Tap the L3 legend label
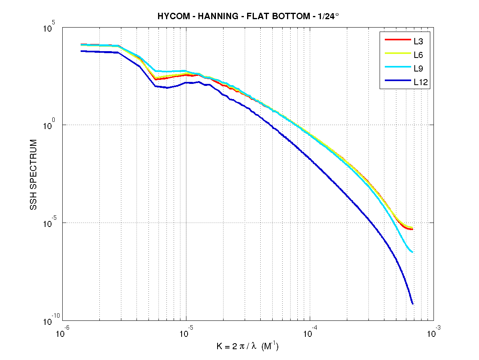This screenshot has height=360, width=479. pos(419,40)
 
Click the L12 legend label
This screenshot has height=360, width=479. pos(421,82)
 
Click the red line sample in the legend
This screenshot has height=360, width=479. pos(397,40)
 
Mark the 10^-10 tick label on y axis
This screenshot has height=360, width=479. pos(51,320)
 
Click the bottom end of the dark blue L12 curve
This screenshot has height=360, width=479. pos(412,304)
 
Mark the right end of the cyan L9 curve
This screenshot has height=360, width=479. pos(412,252)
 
